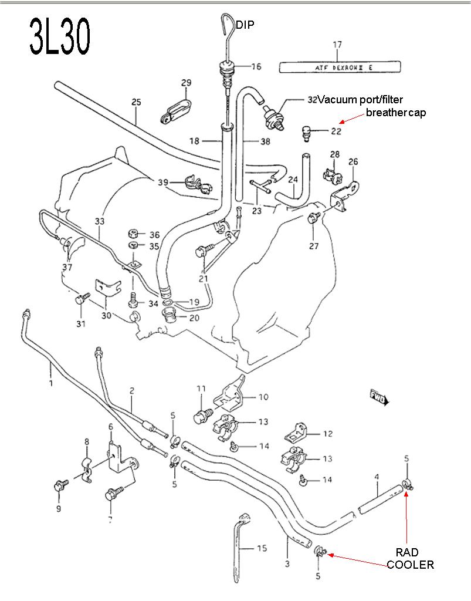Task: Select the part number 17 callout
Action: pyautogui.click(x=337, y=45)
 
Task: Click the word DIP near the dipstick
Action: pyautogui.click(x=246, y=24)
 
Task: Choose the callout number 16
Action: pyautogui.click(x=256, y=66)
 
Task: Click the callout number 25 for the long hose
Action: pyautogui.click(x=136, y=102)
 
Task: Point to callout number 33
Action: pyautogui.click(x=100, y=221)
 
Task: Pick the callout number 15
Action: pyautogui.click(x=262, y=548)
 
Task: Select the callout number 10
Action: pyautogui.click(x=263, y=397)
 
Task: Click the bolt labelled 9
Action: pyautogui.click(x=59, y=485)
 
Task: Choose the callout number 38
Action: pyautogui.click(x=265, y=141)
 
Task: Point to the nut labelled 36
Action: pyautogui.click(x=134, y=234)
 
